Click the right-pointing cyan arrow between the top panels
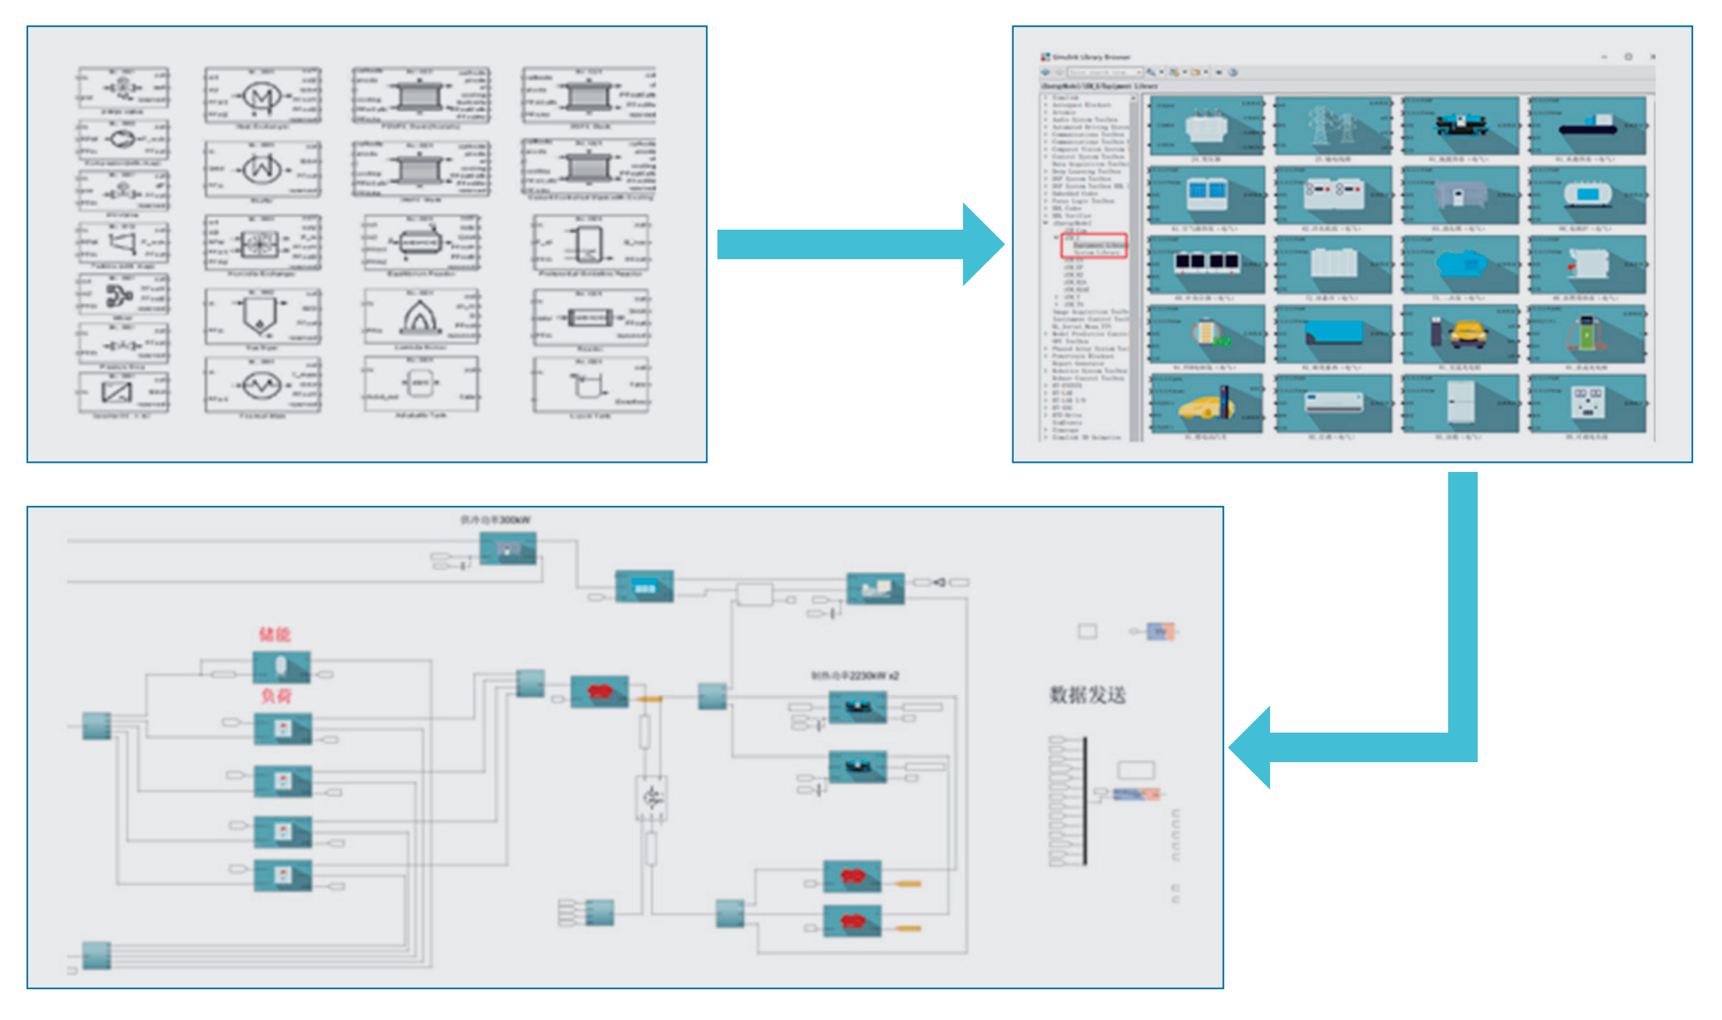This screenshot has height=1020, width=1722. pyautogui.click(x=859, y=244)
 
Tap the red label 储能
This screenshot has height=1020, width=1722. pyautogui.click(x=275, y=635)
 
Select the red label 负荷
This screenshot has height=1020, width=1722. pyautogui.click(x=276, y=697)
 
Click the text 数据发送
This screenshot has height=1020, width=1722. pyautogui.click(x=1088, y=695)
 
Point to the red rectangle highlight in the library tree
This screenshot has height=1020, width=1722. pyautogui.click(x=1094, y=246)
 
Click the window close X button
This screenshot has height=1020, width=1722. pyautogui.click(x=1652, y=57)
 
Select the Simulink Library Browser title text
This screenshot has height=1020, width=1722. pyautogui.click(x=1091, y=57)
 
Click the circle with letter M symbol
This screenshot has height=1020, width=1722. pyautogui.click(x=262, y=97)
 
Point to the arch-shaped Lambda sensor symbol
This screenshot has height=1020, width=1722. pyautogui.click(x=420, y=316)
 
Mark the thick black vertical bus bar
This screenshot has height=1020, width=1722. pyautogui.click(x=1085, y=800)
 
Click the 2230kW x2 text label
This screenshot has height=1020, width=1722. pyautogui.click(x=855, y=676)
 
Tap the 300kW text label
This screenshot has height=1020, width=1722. pyautogui.click(x=496, y=520)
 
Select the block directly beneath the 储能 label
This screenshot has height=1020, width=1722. pyautogui.click(x=282, y=666)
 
